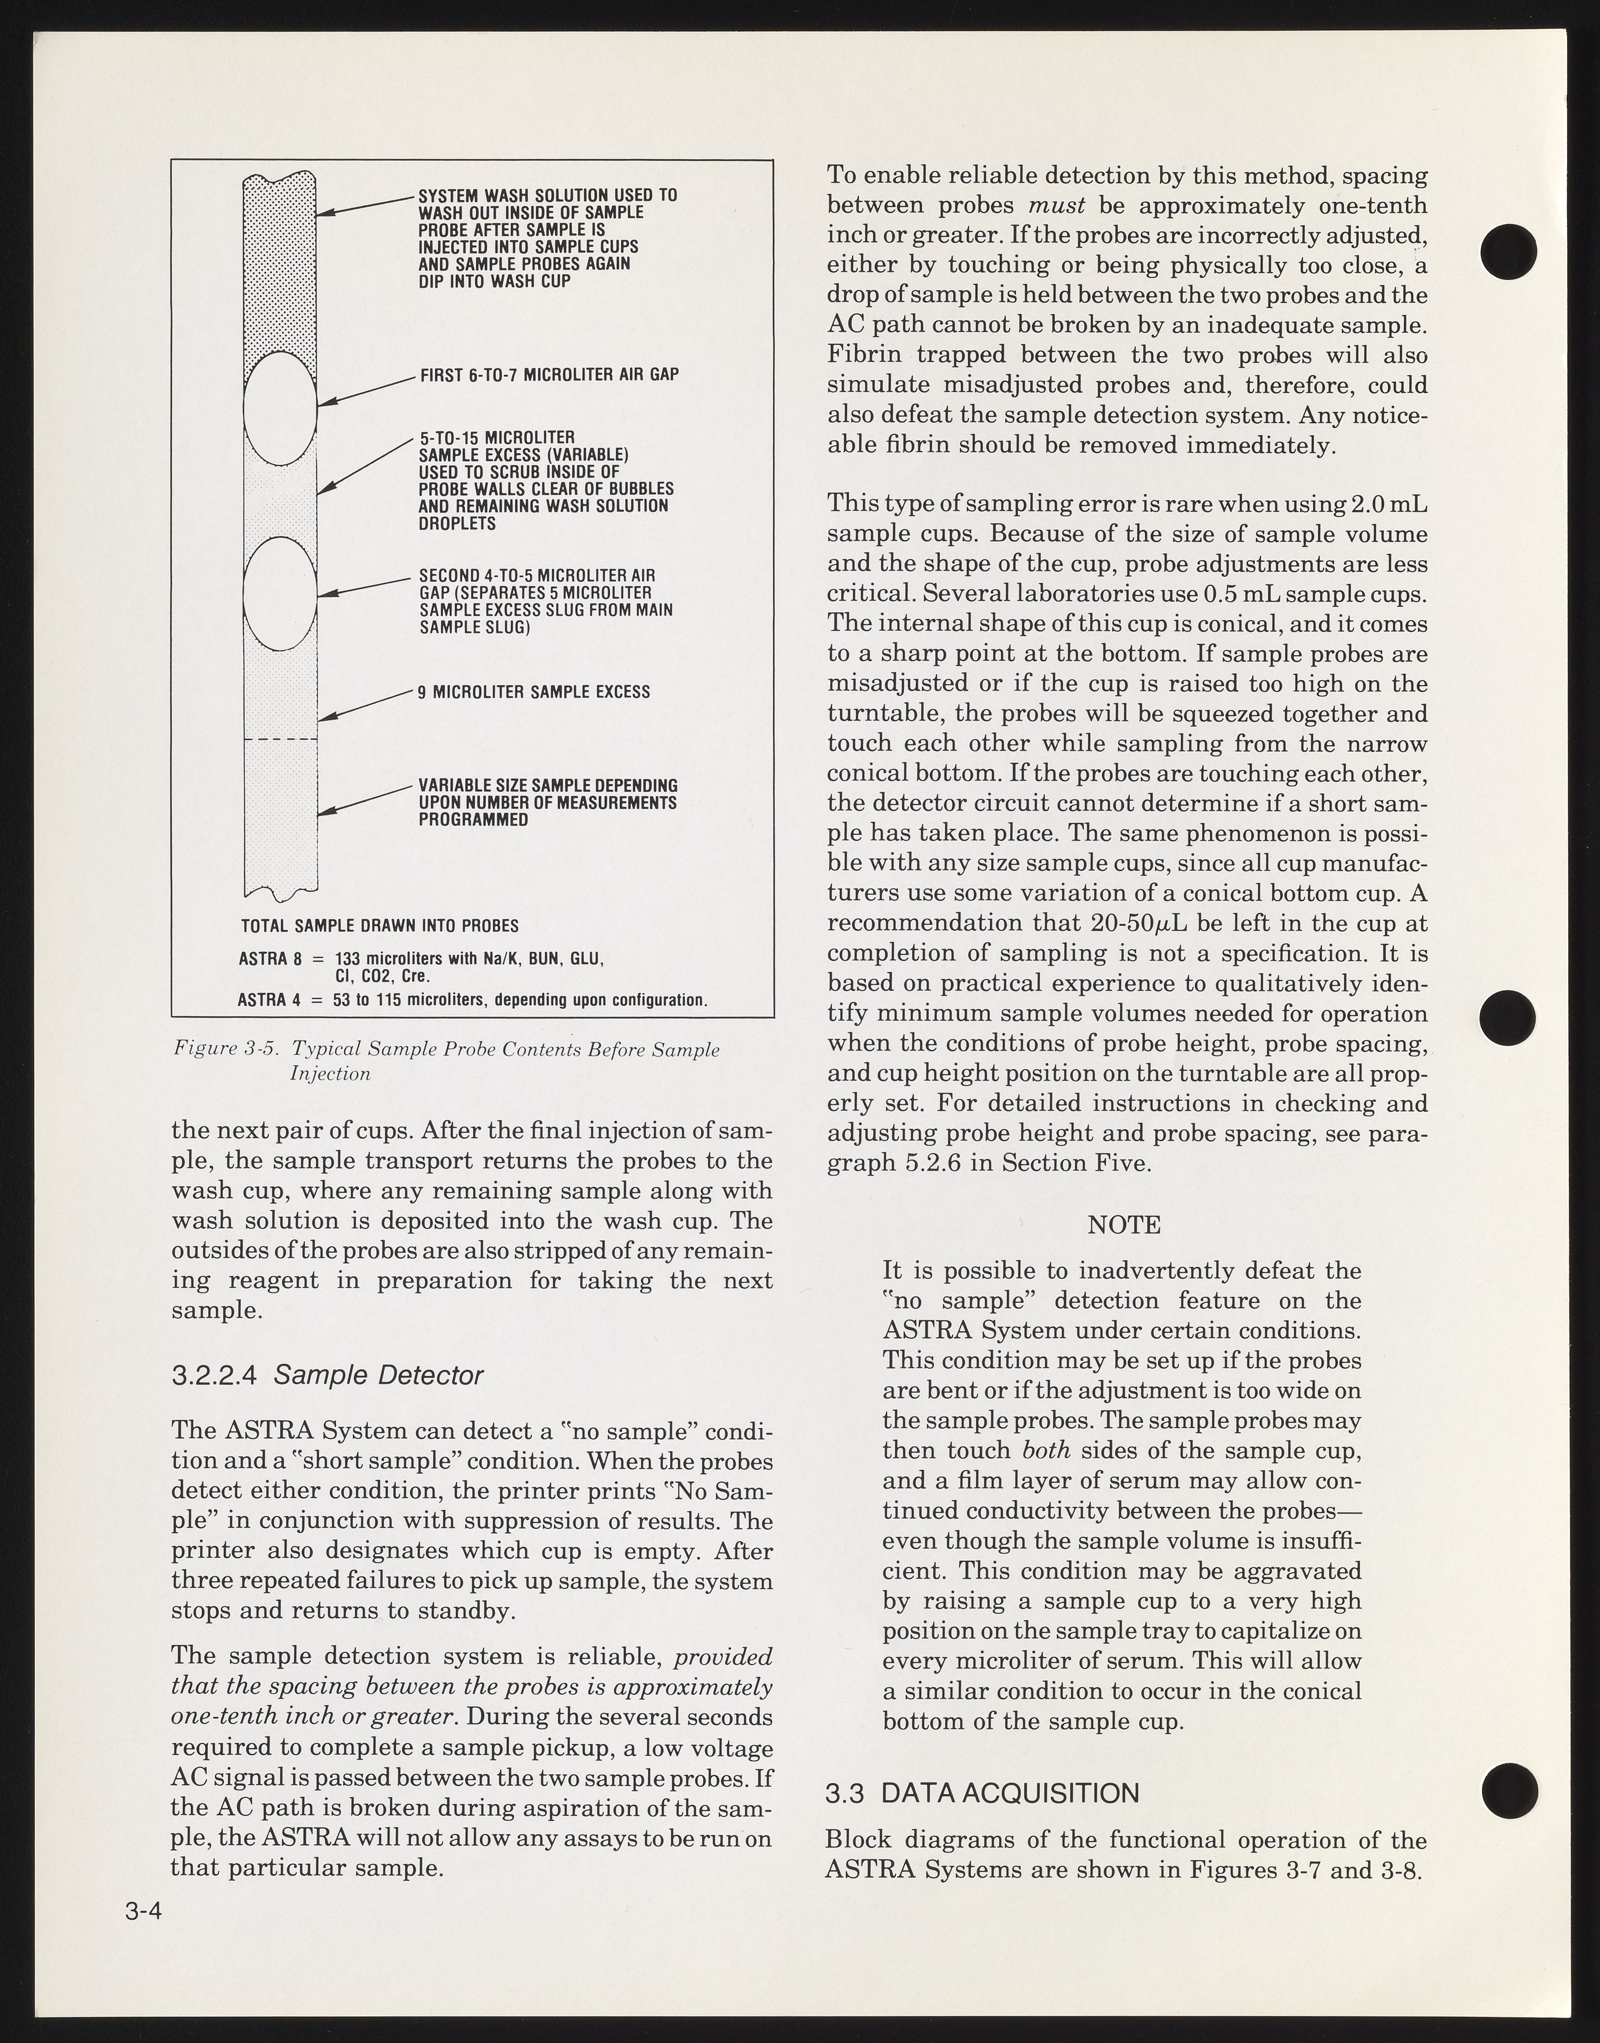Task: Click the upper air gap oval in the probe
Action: click(x=280, y=409)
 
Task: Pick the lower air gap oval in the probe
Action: click(x=280, y=593)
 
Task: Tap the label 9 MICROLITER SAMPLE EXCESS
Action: click(x=534, y=692)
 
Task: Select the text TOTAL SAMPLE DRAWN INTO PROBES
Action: click(x=380, y=925)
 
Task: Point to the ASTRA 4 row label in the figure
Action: click(x=269, y=1001)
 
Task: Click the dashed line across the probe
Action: click(x=280, y=740)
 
